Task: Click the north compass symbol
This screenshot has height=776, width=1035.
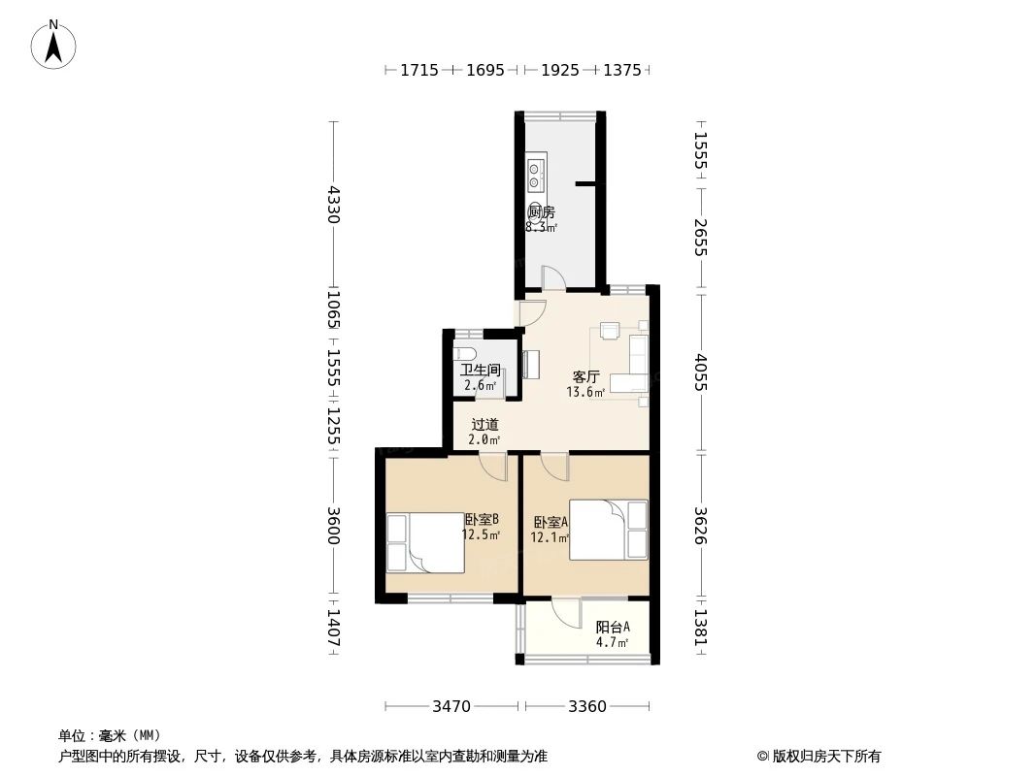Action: pyautogui.click(x=53, y=44)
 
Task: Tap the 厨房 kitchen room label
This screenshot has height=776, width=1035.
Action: pyautogui.click(x=541, y=212)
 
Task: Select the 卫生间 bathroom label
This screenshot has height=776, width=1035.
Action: pyautogui.click(x=480, y=370)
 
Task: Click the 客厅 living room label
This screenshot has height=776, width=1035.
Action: pyautogui.click(x=585, y=376)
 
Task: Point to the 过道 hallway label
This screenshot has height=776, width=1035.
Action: pyautogui.click(x=484, y=424)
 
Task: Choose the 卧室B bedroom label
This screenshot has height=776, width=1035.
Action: pyautogui.click(x=481, y=519)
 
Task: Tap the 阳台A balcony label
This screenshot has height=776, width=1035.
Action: pyautogui.click(x=613, y=627)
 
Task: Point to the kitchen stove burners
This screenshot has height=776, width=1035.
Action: pyautogui.click(x=535, y=174)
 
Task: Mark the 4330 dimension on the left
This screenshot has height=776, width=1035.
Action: pyautogui.click(x=333, y=205)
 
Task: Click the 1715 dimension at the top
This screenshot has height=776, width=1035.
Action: pyautogui.click(x=419, y=70)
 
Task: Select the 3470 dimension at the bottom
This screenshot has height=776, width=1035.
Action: pyautogui.click(x=451, y=706)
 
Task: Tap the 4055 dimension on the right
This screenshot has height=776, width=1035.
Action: pyautogui.click(x=701, y=372)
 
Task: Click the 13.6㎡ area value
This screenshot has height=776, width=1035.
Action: pyautogui.click(x=585, y=393)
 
